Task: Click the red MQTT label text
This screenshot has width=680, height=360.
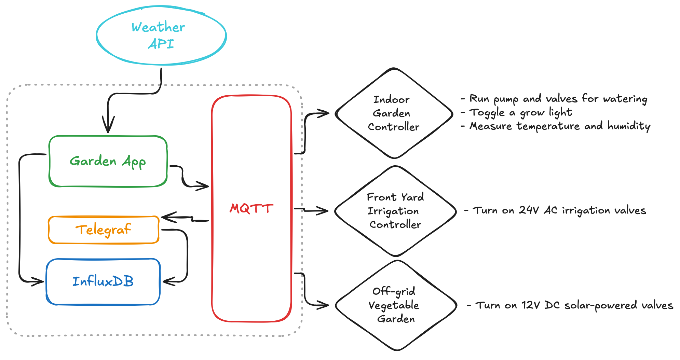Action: pyautogui.click(x=251, y=208)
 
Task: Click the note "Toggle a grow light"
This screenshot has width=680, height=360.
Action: pyautogui.click(x=520, y=112)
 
